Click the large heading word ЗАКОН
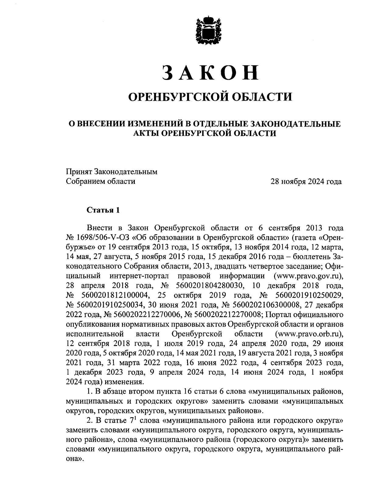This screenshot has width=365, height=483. [210, 73]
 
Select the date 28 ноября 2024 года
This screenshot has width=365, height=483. [306, 182]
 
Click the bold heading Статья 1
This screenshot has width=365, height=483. [103, 210]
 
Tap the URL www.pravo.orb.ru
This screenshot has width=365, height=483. [309, 334]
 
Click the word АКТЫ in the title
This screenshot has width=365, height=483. [146, 133]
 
